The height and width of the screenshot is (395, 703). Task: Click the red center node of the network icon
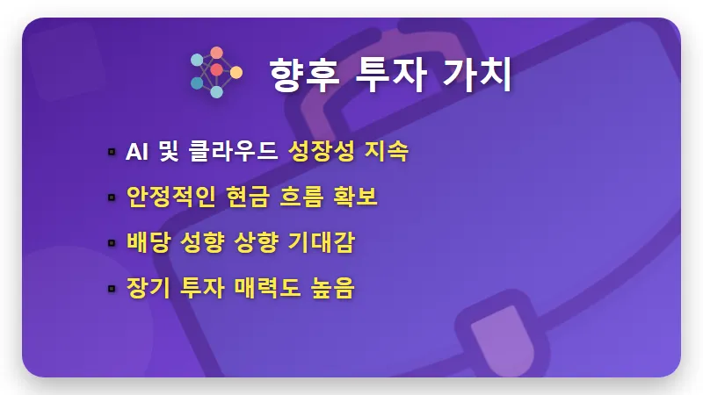(216, 69)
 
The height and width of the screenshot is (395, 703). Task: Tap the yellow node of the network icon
(236, 72)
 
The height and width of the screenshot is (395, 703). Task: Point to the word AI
(137, 151)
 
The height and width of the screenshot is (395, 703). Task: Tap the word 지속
(387, 151)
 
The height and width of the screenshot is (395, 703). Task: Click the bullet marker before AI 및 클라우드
(112, 152)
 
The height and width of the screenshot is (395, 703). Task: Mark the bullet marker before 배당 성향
(112, 243)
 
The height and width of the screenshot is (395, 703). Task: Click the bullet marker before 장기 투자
(112, 289)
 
